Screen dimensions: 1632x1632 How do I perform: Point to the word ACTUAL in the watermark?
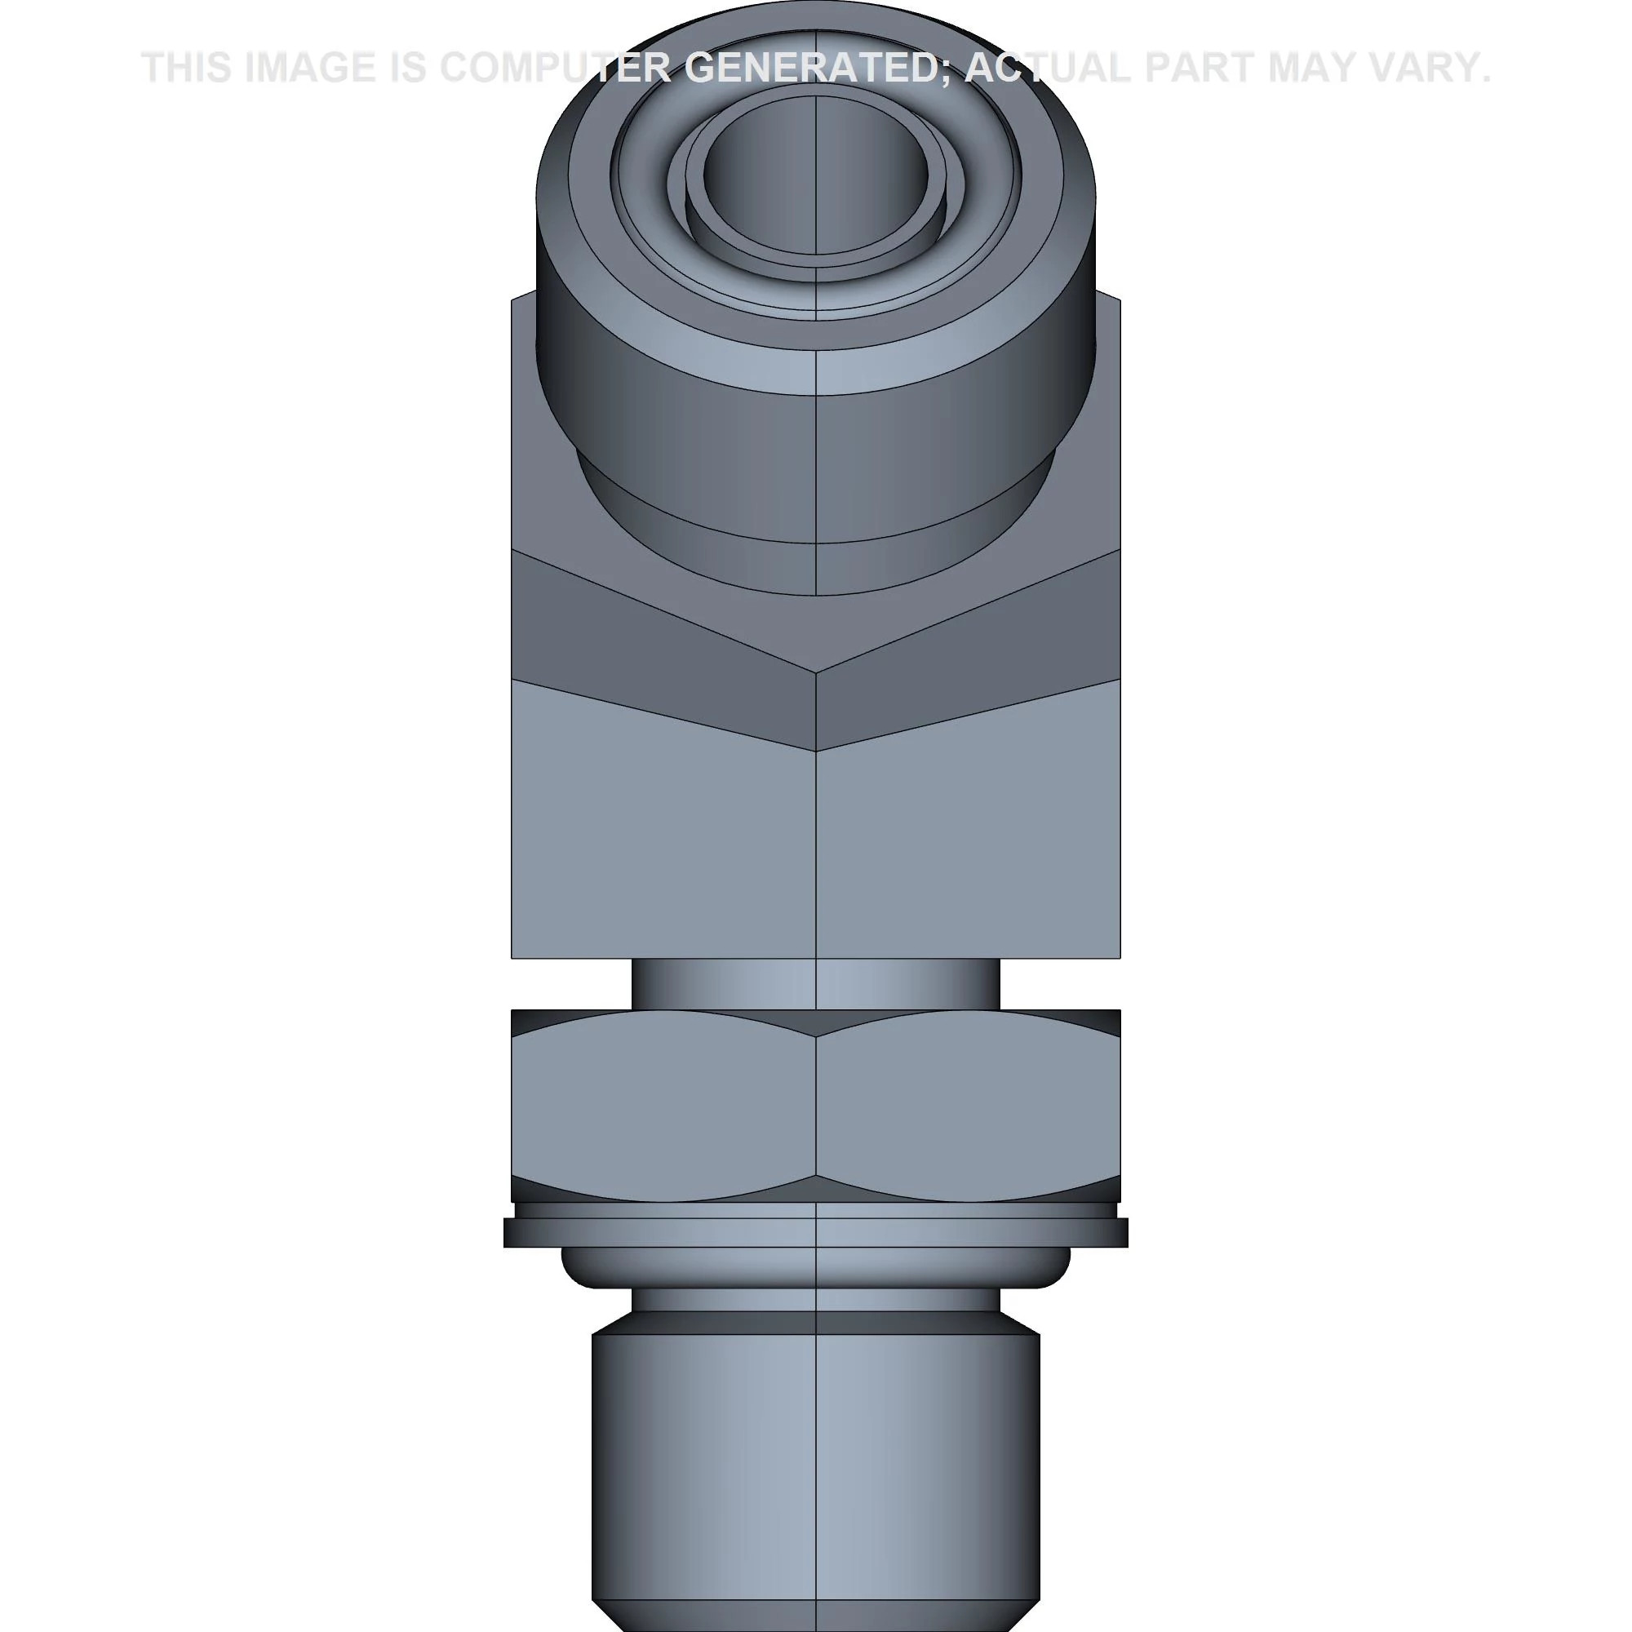1048,68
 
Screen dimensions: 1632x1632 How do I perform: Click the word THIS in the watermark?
188,68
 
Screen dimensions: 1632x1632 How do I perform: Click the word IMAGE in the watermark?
310,68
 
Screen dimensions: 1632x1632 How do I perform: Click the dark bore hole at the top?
815,173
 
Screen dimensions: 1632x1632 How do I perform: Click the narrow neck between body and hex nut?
815,983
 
